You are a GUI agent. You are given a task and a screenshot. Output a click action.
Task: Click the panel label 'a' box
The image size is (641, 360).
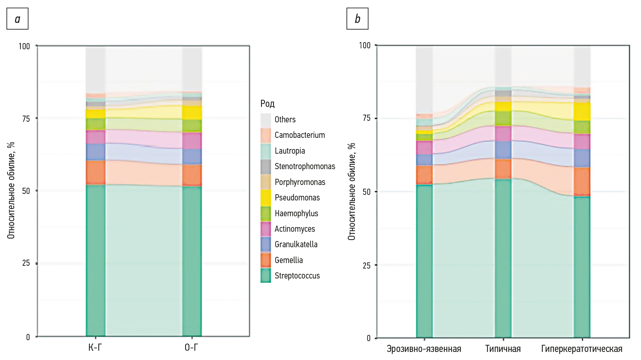point(17,19)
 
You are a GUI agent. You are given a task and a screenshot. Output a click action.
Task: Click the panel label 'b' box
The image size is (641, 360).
point(357,19)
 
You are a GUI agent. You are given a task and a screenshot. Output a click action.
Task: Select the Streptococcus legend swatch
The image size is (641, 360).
point(266,275)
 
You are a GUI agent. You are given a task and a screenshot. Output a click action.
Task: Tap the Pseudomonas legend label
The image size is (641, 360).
point(297,198)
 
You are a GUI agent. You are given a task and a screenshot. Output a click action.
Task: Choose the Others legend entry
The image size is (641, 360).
point(285,120)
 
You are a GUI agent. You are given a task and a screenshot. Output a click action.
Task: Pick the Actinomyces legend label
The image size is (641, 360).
point(294,229)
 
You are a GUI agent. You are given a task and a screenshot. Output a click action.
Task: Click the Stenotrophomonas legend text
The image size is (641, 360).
point(305,166)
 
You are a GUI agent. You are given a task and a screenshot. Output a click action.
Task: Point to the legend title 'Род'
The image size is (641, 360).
point(267,103)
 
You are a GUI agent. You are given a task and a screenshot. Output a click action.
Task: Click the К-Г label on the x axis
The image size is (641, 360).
point(95,348)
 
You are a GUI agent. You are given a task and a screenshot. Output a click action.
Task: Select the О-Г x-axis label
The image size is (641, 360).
point(192,348)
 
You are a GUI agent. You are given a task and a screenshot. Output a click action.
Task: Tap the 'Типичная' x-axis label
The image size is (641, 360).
point(503,349)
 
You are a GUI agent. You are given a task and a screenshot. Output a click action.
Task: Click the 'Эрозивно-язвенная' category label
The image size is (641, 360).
point(424,349)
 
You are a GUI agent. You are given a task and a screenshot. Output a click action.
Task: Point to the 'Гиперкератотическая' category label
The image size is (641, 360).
point(581,349)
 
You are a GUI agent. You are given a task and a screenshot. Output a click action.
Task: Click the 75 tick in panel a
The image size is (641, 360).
point(26,119)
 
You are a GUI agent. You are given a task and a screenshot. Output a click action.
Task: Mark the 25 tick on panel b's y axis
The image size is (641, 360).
point(366,266)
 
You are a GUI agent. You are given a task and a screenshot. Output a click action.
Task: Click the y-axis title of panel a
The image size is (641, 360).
point(11,191)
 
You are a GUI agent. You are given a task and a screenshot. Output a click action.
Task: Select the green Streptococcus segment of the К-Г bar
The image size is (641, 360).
point(95,260)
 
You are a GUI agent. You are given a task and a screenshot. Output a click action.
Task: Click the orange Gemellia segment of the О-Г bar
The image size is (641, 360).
point(192,175)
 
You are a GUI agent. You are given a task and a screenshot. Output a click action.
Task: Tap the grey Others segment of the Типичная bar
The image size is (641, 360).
point(503,67)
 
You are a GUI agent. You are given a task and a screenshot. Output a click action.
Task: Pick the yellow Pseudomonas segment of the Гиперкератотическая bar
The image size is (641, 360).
point(582,112)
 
